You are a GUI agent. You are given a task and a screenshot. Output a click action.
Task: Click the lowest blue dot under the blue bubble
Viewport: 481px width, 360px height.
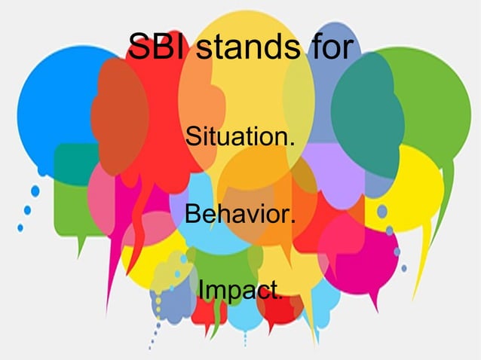pos(20,227)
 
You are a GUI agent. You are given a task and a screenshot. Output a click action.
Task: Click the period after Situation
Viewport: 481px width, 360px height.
pos(292,145)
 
